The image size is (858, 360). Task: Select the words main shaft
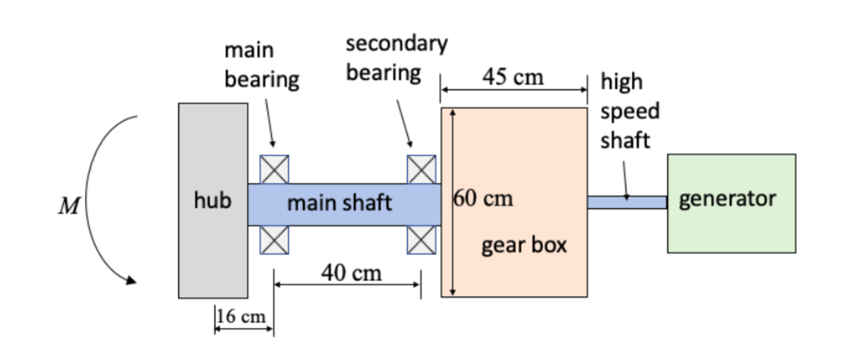(x=339, y=203)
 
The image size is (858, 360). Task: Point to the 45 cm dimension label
(x=513, y=77)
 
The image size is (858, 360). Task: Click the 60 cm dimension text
(x=484, y=199)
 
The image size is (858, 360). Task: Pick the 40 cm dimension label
(x=352, y=272)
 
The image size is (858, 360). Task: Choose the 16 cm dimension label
(x=241, y=317)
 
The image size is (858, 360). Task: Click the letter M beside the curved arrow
(x=69, y=206)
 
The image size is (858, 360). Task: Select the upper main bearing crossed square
(x=274, y=169)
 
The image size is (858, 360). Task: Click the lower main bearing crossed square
(x=274, y=240)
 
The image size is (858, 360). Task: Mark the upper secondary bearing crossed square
(x=421, y=169)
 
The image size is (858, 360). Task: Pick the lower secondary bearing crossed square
(x=421, y=240)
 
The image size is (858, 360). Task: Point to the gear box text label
(x=524, y=245)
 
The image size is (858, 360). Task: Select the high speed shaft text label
(x=629, y=112)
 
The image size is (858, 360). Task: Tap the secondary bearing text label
(x=396, y=58)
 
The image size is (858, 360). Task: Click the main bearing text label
(x=261, y=65)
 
